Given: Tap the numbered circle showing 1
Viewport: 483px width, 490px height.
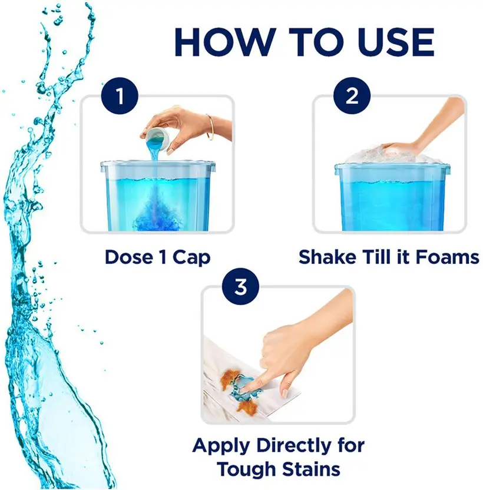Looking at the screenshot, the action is pos(120,95).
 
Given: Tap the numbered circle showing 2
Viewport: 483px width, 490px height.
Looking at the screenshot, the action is pos(352,95).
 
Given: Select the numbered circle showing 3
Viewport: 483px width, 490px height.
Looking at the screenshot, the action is pos(240,286).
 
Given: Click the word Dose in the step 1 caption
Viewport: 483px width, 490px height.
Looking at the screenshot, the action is pos(129,257).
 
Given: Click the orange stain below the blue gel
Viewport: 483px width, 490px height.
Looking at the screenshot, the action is pos(246,406).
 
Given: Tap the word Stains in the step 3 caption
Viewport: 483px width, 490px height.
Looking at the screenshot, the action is pos(311,469).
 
